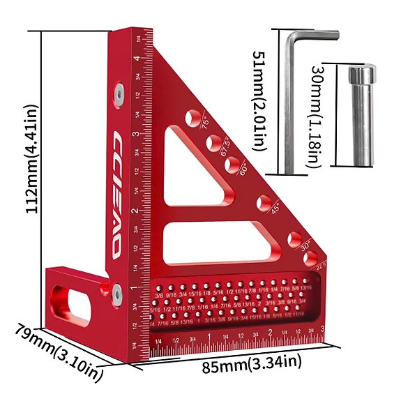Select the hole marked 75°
pos(195,116)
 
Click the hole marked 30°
pos(295,238)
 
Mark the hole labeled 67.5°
pos(213,142)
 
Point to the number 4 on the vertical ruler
pos(137,59)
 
